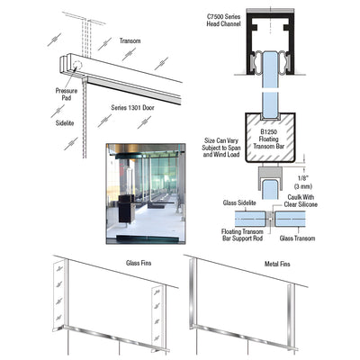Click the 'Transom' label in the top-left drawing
[130, 40]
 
